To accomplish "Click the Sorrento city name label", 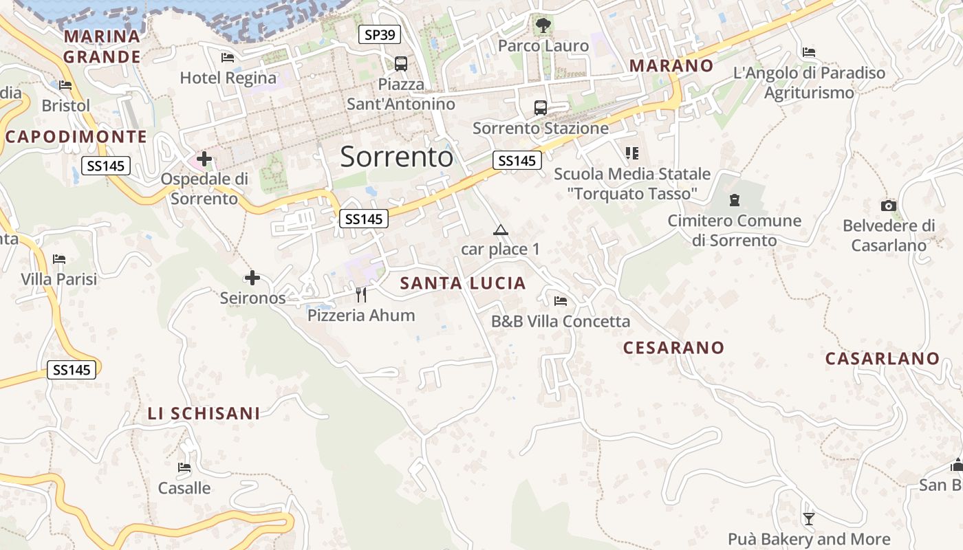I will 397,157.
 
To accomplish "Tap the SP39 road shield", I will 379,34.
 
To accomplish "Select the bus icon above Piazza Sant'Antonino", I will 401,64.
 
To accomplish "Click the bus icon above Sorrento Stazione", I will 541,108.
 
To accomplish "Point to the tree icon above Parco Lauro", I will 543,25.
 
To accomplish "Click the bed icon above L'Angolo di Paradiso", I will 809,52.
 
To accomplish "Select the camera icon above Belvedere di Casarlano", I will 889,206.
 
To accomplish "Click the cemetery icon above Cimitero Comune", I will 735,200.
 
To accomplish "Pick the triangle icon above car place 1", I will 500,230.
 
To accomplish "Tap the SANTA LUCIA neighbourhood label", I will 463,283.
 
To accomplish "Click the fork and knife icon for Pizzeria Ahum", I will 361,295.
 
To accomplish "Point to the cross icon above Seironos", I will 252,278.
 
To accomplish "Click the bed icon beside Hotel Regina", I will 228,58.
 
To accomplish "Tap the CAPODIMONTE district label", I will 76,137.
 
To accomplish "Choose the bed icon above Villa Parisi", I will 59,259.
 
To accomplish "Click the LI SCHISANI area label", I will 204,413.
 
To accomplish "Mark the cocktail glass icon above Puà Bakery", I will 809,518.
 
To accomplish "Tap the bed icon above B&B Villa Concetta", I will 561,301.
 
